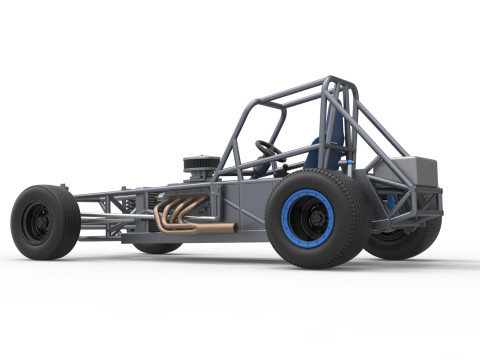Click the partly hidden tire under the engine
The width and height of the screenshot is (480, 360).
(157, 246)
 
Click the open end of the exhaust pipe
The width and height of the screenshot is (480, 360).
(233, 228)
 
